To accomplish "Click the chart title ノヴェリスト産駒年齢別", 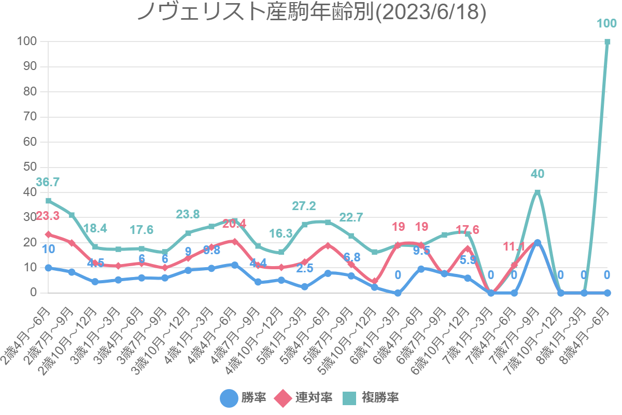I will click(311, 12).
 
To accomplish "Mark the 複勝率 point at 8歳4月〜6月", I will click(607, 42).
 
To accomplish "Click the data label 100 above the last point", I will click(606, 24).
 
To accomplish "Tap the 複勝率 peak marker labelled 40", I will click(538, 192).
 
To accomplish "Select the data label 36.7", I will click(48, 182).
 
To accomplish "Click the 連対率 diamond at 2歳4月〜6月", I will click(48, 234).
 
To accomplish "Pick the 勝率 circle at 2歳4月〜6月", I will click(48, 268).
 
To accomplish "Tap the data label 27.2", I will click(304, 206).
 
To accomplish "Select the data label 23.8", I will click(188, 215).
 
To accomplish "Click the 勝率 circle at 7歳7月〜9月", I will click(538, 243).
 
